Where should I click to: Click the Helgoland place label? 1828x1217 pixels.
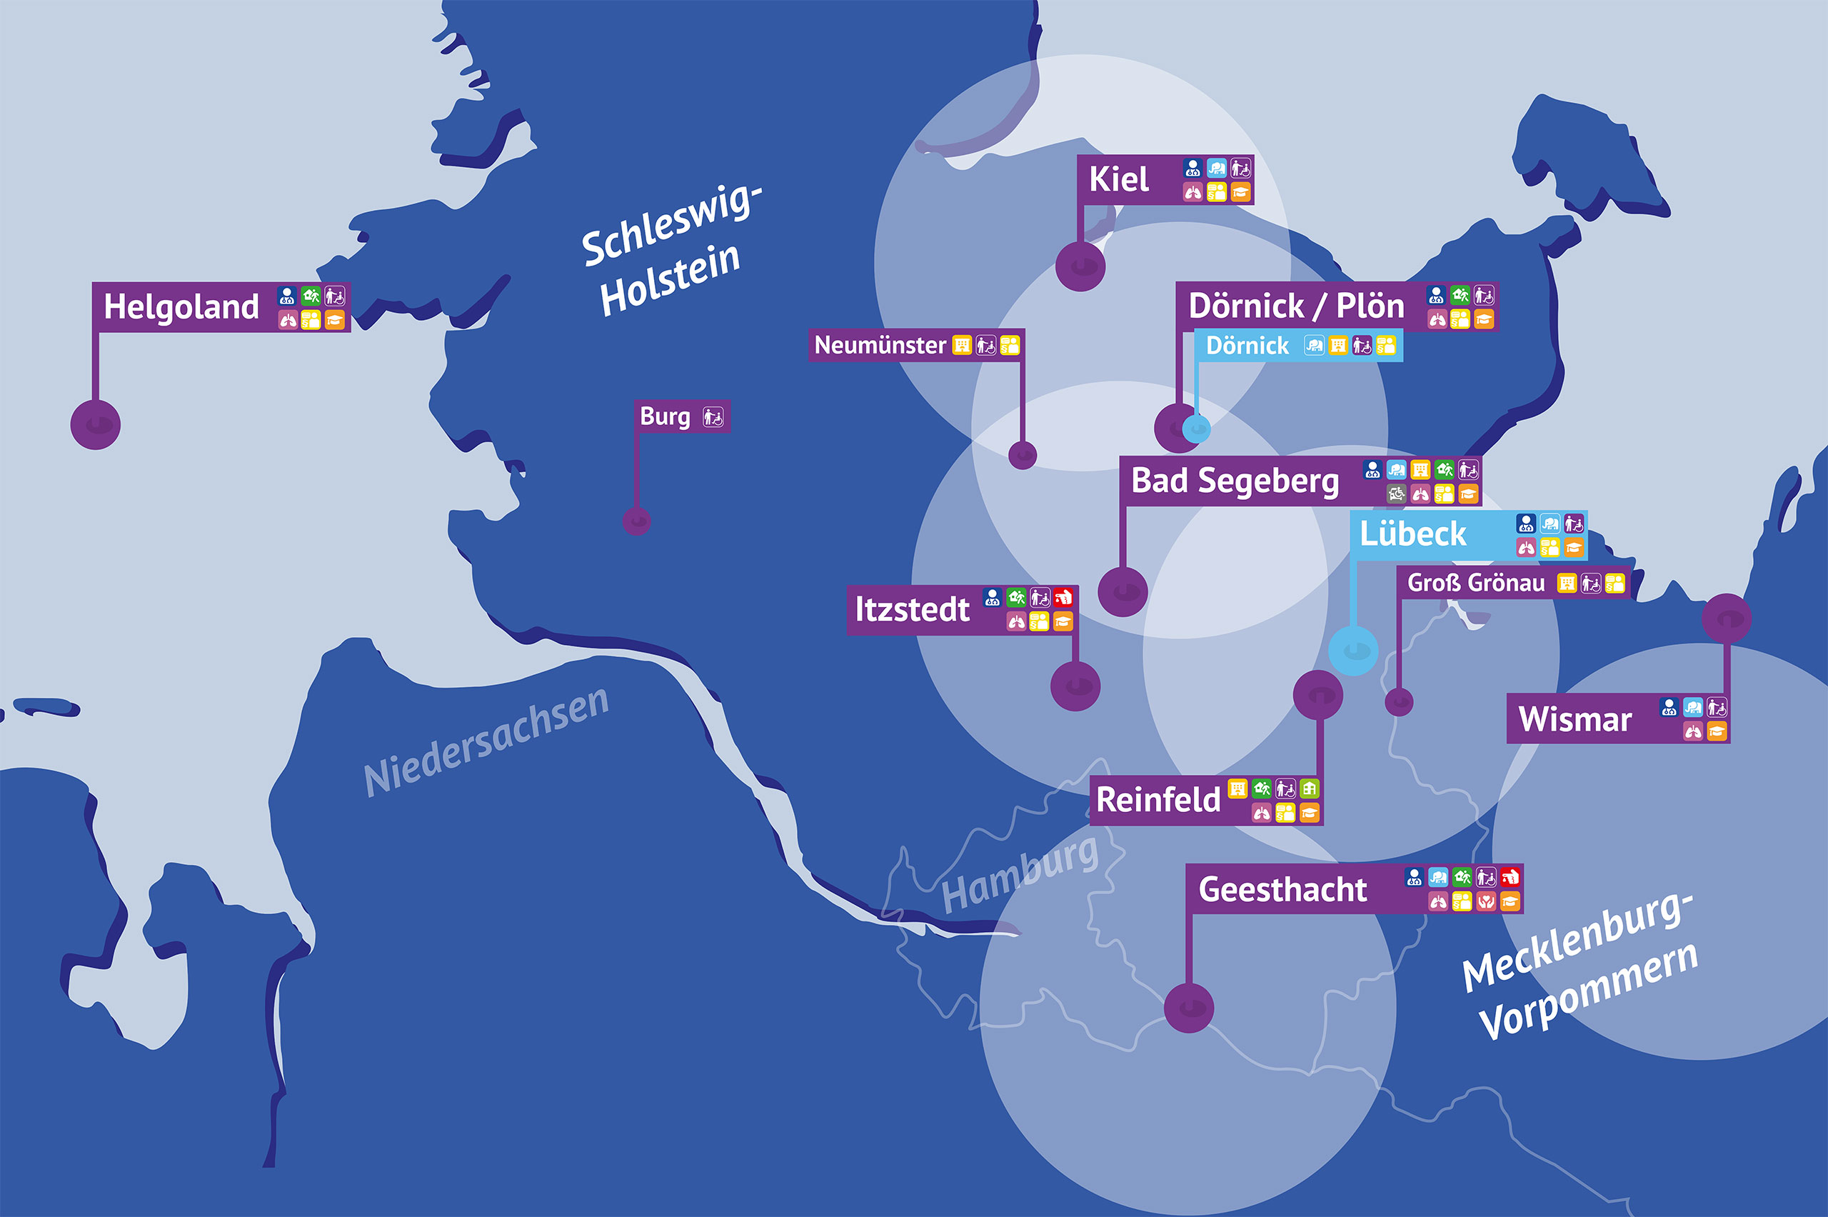click(181, 306)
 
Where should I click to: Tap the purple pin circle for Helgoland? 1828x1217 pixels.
click(96, 424)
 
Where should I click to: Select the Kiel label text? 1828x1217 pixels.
click(1119, 179)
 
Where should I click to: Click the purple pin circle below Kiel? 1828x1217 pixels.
click(1080, 266)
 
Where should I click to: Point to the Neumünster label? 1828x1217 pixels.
click(880, 345)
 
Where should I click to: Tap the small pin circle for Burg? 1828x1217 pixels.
click(637, 521)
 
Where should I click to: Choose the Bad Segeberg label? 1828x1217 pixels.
click(1235, 481)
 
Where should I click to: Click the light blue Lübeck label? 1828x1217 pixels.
click(1413, 534)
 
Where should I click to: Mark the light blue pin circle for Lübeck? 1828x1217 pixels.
click(1353, 651)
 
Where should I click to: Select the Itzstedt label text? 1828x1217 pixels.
click(912, 609)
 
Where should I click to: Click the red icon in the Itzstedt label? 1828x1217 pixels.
click(1063, 598)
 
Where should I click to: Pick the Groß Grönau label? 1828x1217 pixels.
click(1476, 582)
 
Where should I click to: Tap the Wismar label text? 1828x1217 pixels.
click(1575, 718)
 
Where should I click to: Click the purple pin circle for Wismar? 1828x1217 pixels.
click(1727, 618)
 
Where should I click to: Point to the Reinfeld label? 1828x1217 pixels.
click(1158, 799)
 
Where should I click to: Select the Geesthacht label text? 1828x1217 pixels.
click(1282, 888)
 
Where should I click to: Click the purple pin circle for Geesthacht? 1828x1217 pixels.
click(1189, 1008)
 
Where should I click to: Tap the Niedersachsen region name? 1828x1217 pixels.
click(486, 742)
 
